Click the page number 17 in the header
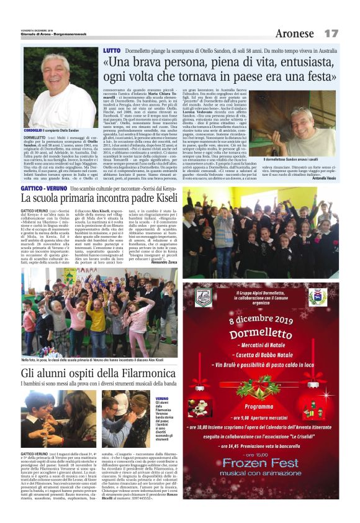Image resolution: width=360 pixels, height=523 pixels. coord(331,32)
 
